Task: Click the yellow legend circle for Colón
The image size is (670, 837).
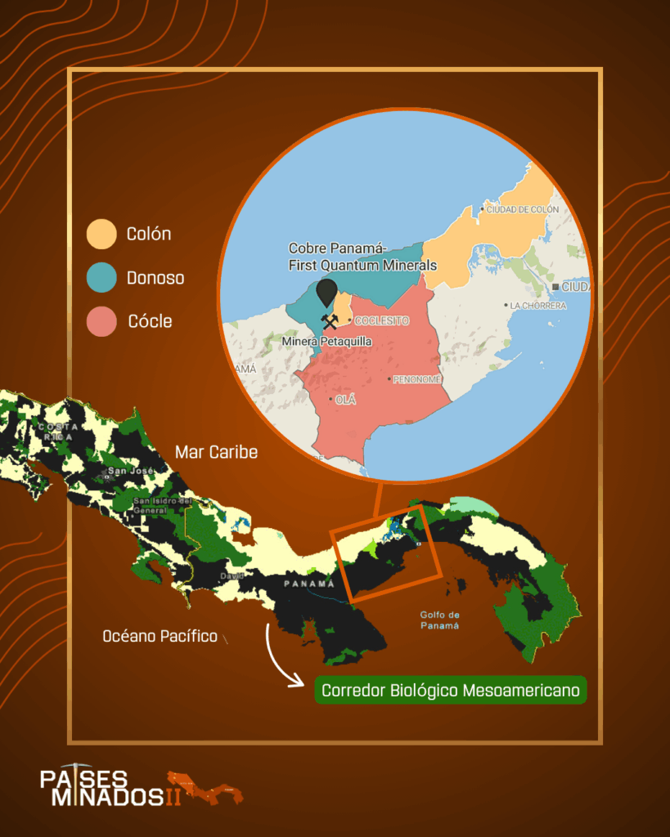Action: click(101, 234)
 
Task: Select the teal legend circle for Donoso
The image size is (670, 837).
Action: click(101, 278)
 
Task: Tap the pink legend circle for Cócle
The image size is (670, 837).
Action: click(101, 321)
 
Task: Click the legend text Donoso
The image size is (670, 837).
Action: click(155, 278)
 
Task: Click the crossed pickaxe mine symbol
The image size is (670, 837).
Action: click(331, 321)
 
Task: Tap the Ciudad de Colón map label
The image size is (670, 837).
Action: click(522, 210)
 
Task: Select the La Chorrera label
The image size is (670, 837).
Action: click(537, 306)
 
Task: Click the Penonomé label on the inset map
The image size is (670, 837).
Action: click(417, 379)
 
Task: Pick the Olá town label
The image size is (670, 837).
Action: click(347, 400)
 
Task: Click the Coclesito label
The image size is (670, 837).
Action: click(381, 321)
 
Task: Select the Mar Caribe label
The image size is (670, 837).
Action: click(216, 452)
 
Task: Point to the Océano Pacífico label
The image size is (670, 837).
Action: click(160, 636)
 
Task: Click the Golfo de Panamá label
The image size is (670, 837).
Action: click(439, 620)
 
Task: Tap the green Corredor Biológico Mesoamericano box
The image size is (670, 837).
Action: click(451, 691)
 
